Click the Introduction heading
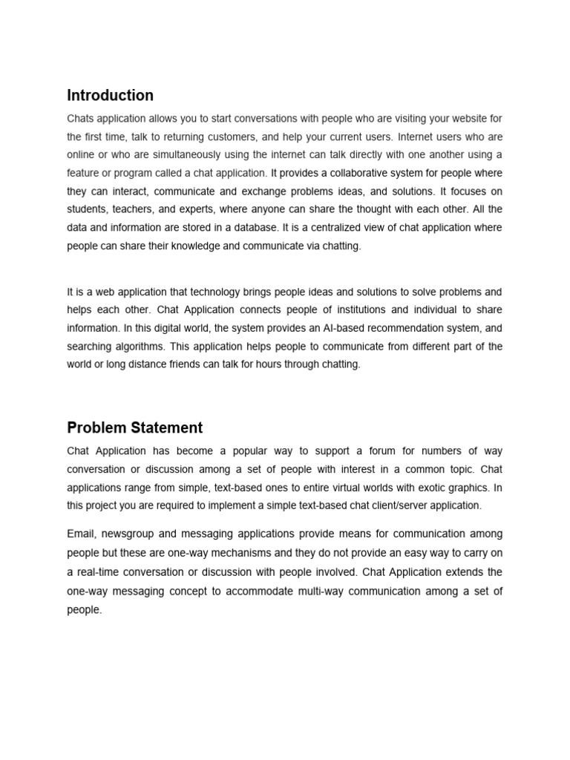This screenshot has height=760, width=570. pyautogui.click(x=110, y=95)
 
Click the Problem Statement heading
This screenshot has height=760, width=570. pyautogui.click(x=134, y=427)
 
